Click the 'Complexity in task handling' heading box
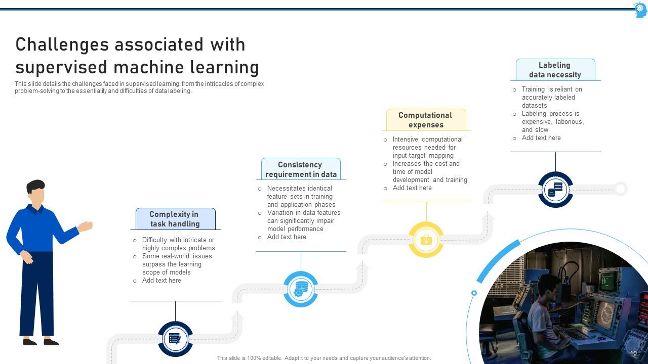(175, 219)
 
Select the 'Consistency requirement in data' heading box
(301, 169)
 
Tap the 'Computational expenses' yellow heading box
(426, 120)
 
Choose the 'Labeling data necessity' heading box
(555, 70)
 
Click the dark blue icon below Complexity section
(175, 339)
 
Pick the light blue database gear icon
(301, 289)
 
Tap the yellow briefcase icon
(426, 240)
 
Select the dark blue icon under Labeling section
(555, 190)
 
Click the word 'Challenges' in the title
(62, 44)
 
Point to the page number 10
(633, 353)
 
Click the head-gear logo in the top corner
(640, 9)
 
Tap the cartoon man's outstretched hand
(86, 226)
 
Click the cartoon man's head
(36, 192)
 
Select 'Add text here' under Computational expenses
(412, 188)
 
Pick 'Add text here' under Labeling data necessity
(541, 138)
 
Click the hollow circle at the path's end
(621, 189)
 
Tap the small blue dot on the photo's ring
(474, 293)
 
